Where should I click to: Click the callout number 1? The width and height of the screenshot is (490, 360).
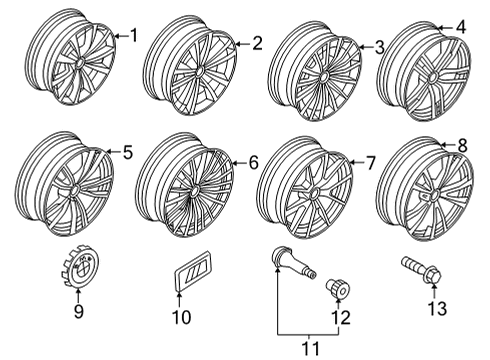(134, 35)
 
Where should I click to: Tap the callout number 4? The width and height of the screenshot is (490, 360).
(461, 27)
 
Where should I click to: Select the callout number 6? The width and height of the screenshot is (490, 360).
(254, 163)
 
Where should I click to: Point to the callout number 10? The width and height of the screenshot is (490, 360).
(182, 317)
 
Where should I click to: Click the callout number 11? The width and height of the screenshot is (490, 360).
(310, 348)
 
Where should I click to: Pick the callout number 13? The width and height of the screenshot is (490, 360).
(437, 308)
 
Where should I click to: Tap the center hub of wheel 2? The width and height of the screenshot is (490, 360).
(200, 72)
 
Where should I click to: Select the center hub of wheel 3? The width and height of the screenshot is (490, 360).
(323, 78)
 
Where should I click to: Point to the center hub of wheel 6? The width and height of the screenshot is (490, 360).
(194, 191)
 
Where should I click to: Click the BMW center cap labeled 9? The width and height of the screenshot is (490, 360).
(82, 265)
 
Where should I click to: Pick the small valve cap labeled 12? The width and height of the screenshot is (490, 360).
(338, 288)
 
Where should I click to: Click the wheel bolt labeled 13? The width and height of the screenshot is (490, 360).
(422, 272)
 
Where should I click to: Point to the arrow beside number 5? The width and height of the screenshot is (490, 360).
(113, 152)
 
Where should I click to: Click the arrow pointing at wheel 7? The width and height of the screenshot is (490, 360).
(357, 163)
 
